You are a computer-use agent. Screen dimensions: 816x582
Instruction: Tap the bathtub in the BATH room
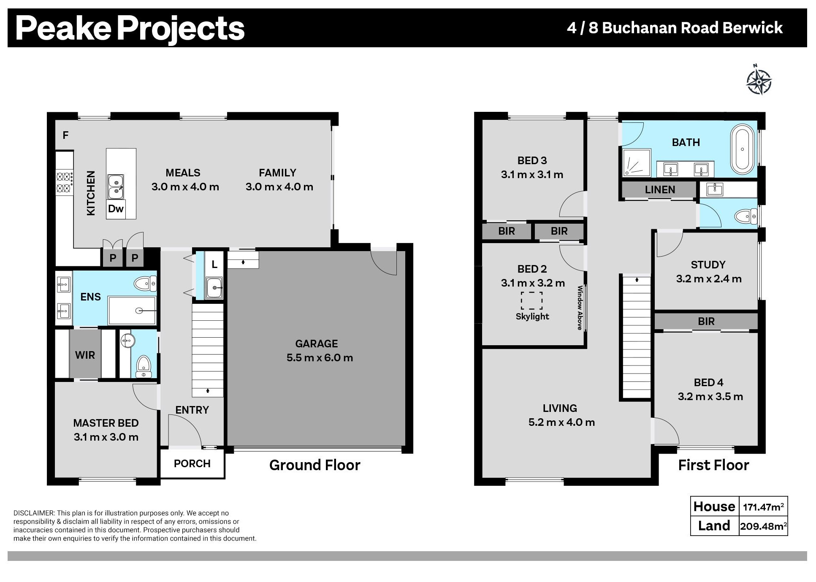(x=742, y=149)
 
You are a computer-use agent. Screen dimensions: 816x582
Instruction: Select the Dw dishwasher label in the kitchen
(x=116, y=208)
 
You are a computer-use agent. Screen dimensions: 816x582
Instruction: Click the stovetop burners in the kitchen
(x=64, y=182)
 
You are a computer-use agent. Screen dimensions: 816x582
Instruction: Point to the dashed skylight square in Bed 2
(x=531, y=300)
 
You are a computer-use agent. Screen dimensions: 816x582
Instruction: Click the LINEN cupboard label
(x=660, y=190)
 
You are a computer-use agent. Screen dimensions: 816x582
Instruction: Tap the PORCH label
(x=192, y=463)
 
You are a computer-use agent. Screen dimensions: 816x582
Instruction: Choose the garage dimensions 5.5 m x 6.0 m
(x=320, y=358)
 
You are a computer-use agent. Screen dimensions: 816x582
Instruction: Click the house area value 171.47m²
(x=763, y=506)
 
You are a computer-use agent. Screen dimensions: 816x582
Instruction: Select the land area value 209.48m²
(x=763, y=526)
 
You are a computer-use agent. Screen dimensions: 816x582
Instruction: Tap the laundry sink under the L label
(x=214, y=288)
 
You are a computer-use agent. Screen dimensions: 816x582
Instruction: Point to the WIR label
(x=85, y=355)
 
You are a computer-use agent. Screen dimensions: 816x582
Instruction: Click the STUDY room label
(x=708, y=265)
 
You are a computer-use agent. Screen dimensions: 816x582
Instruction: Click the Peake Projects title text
(x=130, y=28)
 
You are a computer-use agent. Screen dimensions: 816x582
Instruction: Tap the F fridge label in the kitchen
(x=65, y=135)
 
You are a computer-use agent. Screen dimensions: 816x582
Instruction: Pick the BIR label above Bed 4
(x=706, y=322)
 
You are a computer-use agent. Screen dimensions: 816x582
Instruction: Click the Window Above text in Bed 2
(x=580, y=308)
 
